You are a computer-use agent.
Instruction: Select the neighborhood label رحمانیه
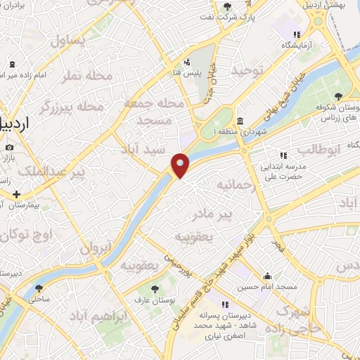234,185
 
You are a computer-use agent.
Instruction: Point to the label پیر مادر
233,212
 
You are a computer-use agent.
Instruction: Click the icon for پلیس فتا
187,61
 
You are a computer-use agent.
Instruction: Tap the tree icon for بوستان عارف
155,288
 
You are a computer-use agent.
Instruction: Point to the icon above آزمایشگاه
297,34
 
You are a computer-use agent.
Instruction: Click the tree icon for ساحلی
39,288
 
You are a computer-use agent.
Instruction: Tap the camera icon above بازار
9,148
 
